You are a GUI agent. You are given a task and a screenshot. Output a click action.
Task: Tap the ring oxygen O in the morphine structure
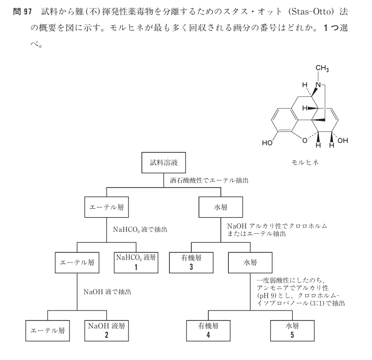coord(296,141)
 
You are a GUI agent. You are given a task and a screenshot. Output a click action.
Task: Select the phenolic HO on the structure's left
coord(268,141)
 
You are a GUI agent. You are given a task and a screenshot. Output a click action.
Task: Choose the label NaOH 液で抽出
coord(106,292)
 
